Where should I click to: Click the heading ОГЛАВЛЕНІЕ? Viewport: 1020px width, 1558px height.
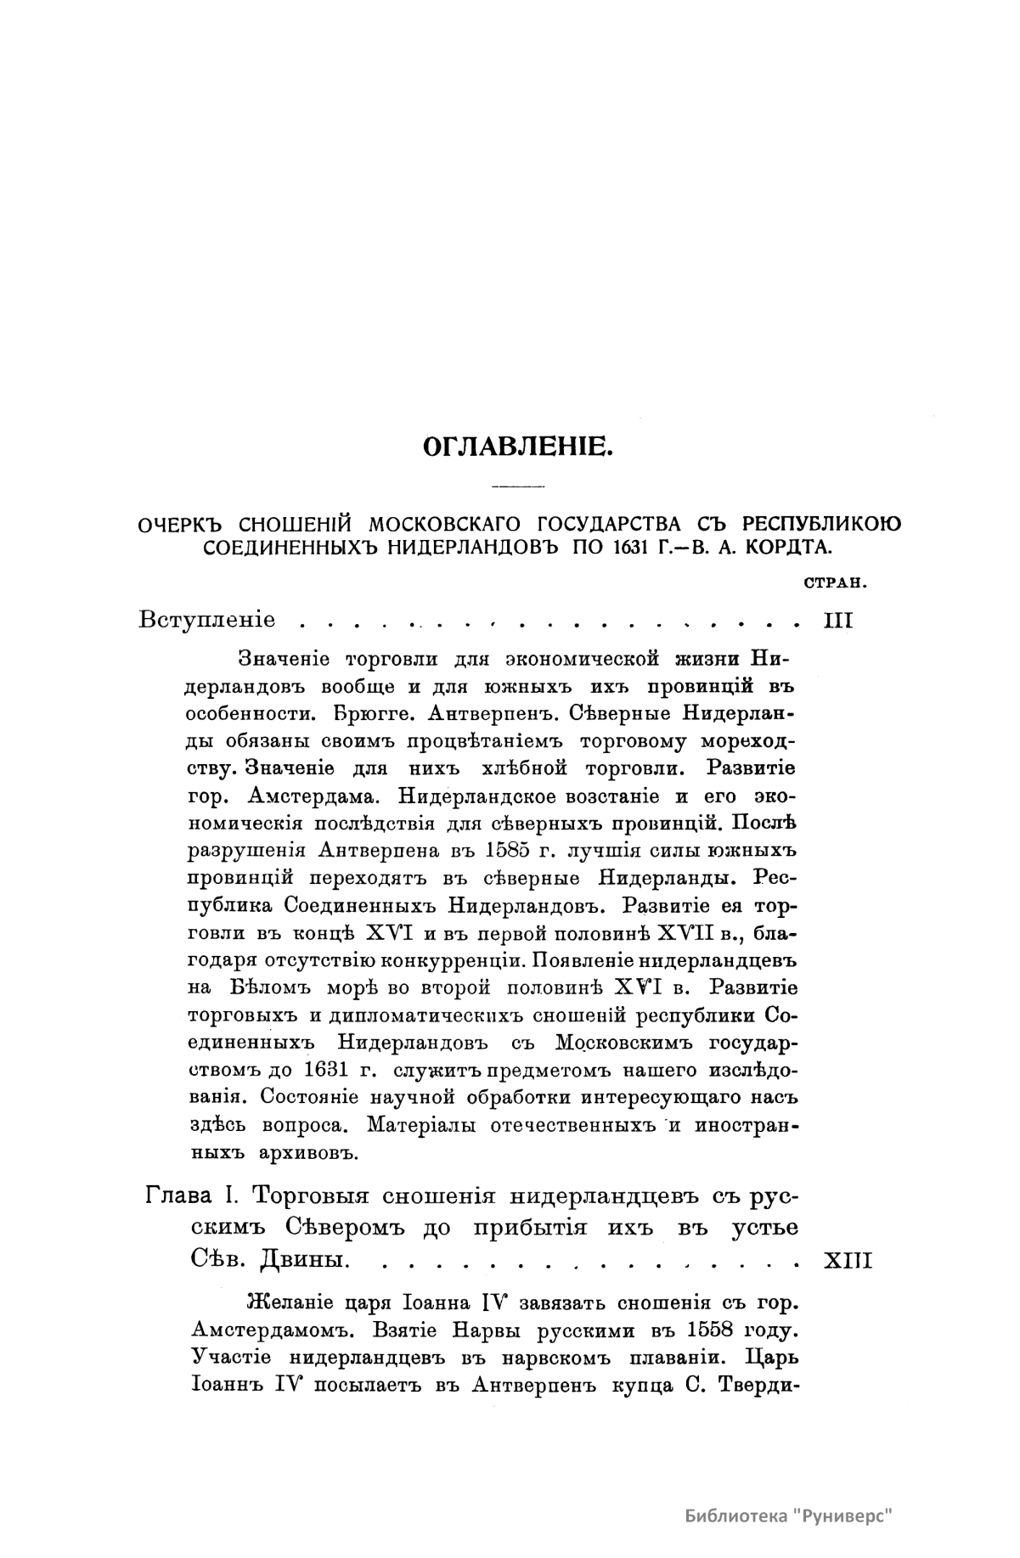point(517,445)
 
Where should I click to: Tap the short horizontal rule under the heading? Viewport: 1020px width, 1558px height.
point(517,487)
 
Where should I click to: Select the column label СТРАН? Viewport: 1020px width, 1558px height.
point(833,582)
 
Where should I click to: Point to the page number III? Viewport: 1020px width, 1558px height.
point(839,619)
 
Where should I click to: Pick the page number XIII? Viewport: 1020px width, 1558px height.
point(848,1261)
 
